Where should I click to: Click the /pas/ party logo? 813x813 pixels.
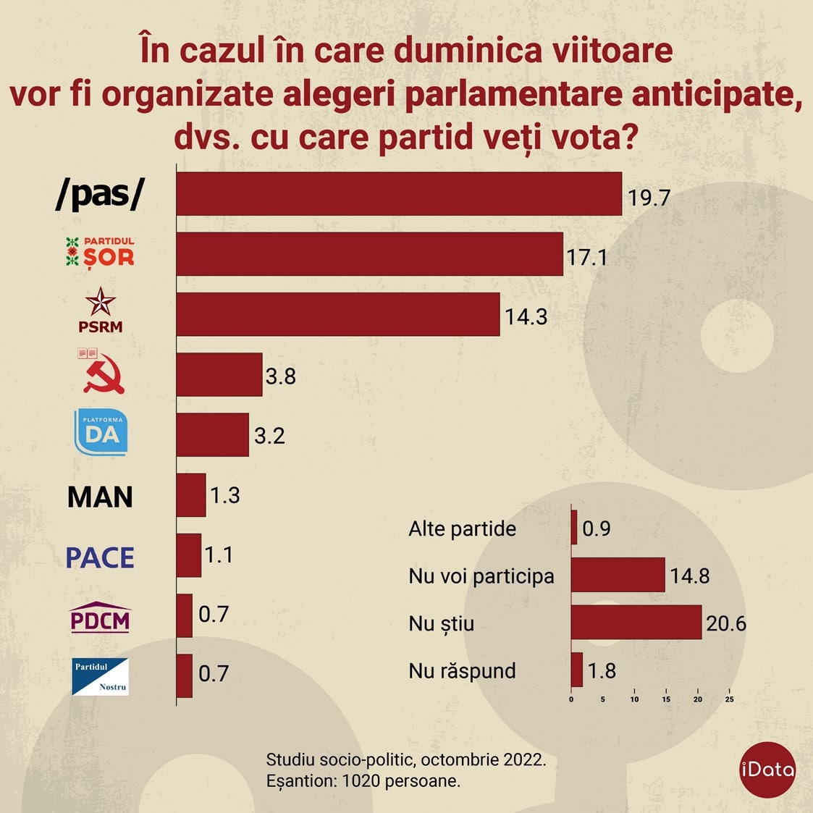point(101,194)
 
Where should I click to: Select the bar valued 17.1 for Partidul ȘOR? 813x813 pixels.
point(369,254)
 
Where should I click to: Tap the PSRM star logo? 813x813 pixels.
point(101,310)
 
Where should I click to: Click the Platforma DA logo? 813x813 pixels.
point(101,432)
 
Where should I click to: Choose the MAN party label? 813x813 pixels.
point(101,497)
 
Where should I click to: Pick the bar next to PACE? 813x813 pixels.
point(189,555)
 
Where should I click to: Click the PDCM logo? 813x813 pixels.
point(100,618)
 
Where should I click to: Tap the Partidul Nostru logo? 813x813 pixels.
point(101,676)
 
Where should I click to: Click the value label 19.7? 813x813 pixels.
point(649,198)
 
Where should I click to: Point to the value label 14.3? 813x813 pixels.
point(526,317)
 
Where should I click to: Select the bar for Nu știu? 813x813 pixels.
point(636,623)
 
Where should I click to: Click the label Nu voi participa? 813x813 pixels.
point(481,576)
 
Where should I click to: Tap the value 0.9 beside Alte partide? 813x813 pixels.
point(597,528)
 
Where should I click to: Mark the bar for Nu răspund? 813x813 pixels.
point(577,670)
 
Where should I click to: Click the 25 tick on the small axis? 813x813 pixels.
point(729,699)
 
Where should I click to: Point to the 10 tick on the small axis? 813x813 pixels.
point(634,699)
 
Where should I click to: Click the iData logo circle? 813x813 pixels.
point(767,770)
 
